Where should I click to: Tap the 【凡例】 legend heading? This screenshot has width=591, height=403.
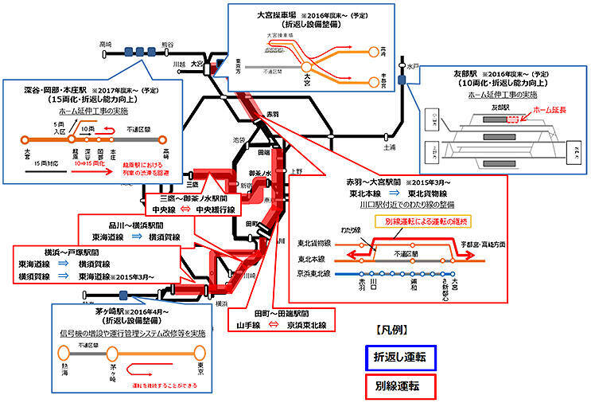click(x=387, y=328)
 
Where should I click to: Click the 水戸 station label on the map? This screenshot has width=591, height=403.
click(x=411, y=68)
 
